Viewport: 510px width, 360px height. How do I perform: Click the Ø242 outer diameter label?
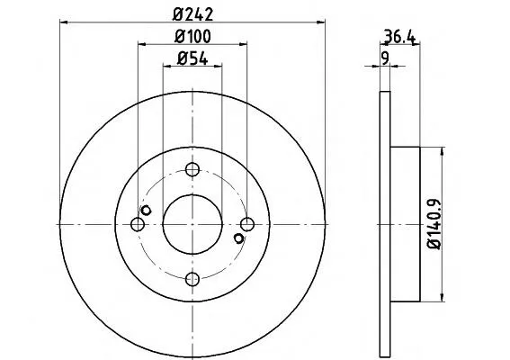192,14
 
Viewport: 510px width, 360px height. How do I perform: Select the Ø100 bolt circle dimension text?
192,37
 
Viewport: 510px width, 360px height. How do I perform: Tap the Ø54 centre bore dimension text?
192,58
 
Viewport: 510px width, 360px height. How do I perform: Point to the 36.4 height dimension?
399,37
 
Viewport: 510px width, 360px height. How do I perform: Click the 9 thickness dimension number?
385,58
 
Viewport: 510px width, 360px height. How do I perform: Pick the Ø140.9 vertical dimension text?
434,224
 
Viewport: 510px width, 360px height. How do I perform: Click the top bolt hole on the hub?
192,169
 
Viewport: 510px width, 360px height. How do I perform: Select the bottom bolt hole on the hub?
192,279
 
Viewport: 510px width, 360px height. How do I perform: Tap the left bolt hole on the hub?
138,224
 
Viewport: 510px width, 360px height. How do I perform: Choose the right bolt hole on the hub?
247,224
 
